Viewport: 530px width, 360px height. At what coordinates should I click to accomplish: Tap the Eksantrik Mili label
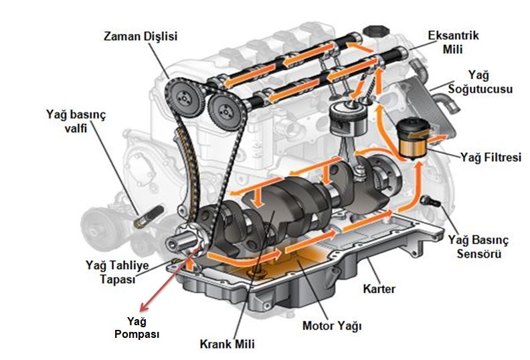pyautogui.click(x=454, y=40)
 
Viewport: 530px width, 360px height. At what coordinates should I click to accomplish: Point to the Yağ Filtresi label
pyautogui.click(x=490, y=157)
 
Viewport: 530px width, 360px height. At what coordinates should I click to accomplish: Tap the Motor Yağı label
pyautogui.click(x=333, y=327)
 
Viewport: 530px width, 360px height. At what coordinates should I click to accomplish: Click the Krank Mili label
pyautogui.click(x=227, y=345)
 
